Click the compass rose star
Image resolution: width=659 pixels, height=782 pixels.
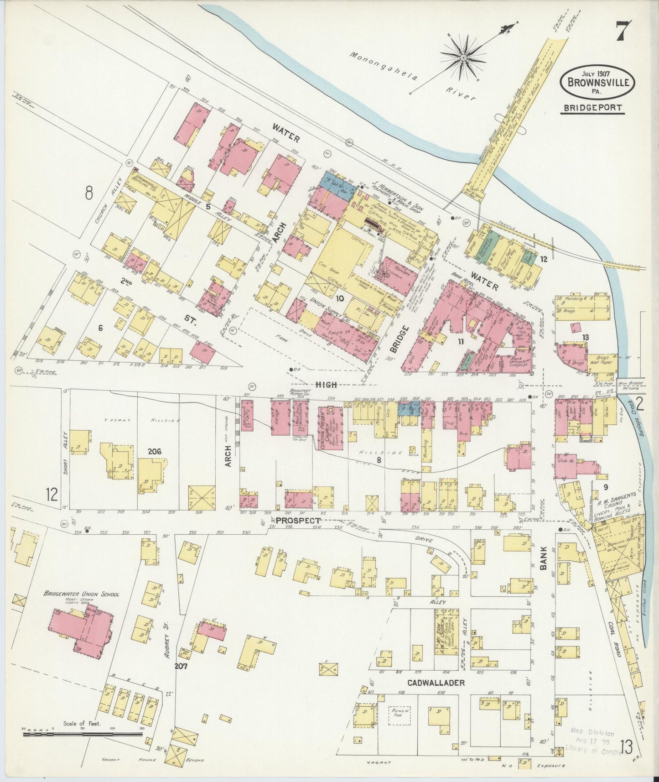tap(463, 57)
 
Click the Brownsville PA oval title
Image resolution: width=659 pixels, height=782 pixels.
tap(597, 83)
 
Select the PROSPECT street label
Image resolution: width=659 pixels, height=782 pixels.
tap(298, 521)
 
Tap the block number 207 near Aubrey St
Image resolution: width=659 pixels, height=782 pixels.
tap(182, 666)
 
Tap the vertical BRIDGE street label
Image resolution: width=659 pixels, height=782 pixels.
tap(396, 339)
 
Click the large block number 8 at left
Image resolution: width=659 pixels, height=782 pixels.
tap(88, 193)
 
